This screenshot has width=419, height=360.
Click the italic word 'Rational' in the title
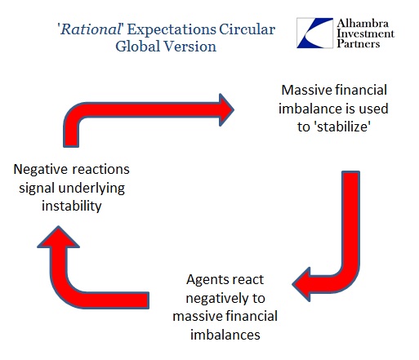[x=91, y=29]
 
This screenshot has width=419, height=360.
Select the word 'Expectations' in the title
[x=172, y=29]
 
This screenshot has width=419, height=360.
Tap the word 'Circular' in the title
[x=247, y=29]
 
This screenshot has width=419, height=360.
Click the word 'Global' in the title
[x=137, y=46]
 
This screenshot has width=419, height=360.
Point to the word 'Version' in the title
[x=189, y=46]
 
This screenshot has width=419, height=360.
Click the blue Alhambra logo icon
[x=314, y=33]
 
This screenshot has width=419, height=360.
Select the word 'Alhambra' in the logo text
[x=363, y=24]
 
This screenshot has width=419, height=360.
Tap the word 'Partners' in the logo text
[x=358, y=43]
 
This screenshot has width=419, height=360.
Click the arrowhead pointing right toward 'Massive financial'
[x=226, y=109]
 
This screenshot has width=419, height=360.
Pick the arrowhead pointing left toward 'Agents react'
[x=301, y=284]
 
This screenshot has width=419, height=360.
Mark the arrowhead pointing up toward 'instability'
[x=58, y=237]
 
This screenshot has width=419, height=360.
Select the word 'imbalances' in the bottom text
[x=225, y=335]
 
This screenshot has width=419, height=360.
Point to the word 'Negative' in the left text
[x=40, y=170]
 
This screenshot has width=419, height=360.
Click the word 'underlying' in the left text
[x=91, y=189]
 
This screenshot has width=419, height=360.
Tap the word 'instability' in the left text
[x=72, y=206]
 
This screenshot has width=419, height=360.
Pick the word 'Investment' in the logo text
[x=365, y=33]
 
